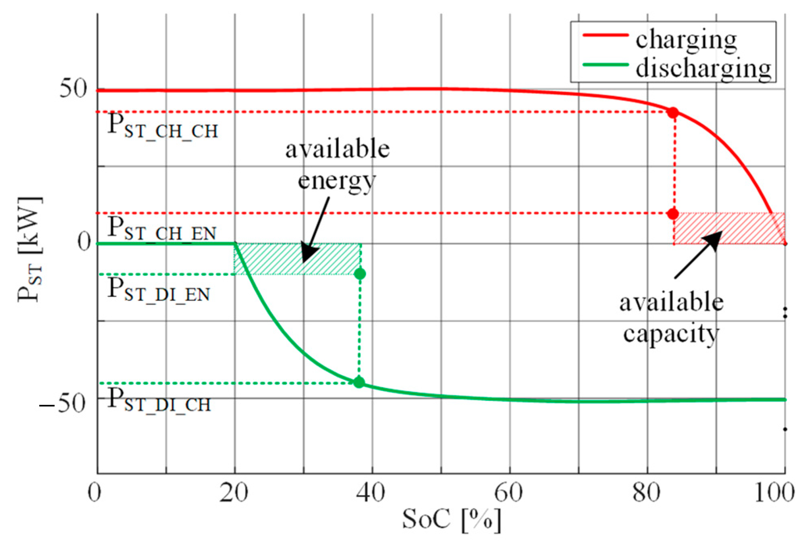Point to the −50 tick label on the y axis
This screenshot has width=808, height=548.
(63, 404)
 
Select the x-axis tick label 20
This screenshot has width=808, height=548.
(234, 493)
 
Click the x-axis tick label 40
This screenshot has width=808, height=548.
(371, 493)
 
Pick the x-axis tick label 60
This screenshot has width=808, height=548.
(509, 493)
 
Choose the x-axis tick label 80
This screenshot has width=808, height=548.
(646, 493)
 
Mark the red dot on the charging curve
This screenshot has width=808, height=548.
(673, 112)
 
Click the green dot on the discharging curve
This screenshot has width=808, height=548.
(359, 382)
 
